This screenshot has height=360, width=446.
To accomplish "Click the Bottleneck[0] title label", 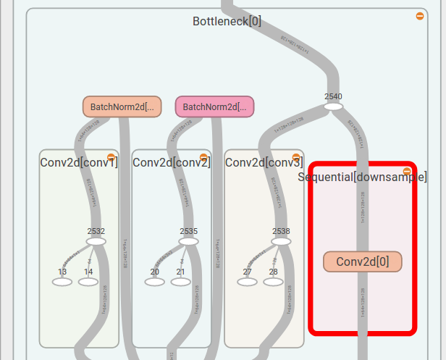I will point(227,21).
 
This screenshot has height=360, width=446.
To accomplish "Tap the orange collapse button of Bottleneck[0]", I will point(420,16).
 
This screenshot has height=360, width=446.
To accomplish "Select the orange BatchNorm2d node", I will point(122,106).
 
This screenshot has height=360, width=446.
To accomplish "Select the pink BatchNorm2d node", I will point(214,106).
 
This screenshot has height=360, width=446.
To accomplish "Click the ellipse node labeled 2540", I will point(333,106).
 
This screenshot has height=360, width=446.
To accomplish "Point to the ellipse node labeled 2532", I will point(96,241).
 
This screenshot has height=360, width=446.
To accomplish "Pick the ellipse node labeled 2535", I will point(189,241).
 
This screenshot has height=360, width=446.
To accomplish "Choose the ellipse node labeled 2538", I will point(281,241).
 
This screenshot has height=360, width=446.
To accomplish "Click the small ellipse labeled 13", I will point(62,282).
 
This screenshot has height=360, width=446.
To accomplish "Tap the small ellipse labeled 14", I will point(88,282).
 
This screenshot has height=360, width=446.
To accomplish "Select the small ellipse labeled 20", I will point(155,282).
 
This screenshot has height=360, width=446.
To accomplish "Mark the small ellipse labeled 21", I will point(181,282).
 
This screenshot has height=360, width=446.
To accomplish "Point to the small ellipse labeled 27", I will point(247,282).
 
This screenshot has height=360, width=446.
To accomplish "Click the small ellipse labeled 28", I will point(273,282).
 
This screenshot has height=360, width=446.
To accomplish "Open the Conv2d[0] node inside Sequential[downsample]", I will point(362,261).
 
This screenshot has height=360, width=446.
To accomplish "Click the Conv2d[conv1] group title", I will point(78,162).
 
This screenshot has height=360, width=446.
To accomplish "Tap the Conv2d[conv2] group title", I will point(171,162).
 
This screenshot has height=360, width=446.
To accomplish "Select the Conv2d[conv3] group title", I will point(264,162).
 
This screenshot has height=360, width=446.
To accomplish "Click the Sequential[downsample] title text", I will point(363,177).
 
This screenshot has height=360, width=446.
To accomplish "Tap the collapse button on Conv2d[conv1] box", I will point(111,156).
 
